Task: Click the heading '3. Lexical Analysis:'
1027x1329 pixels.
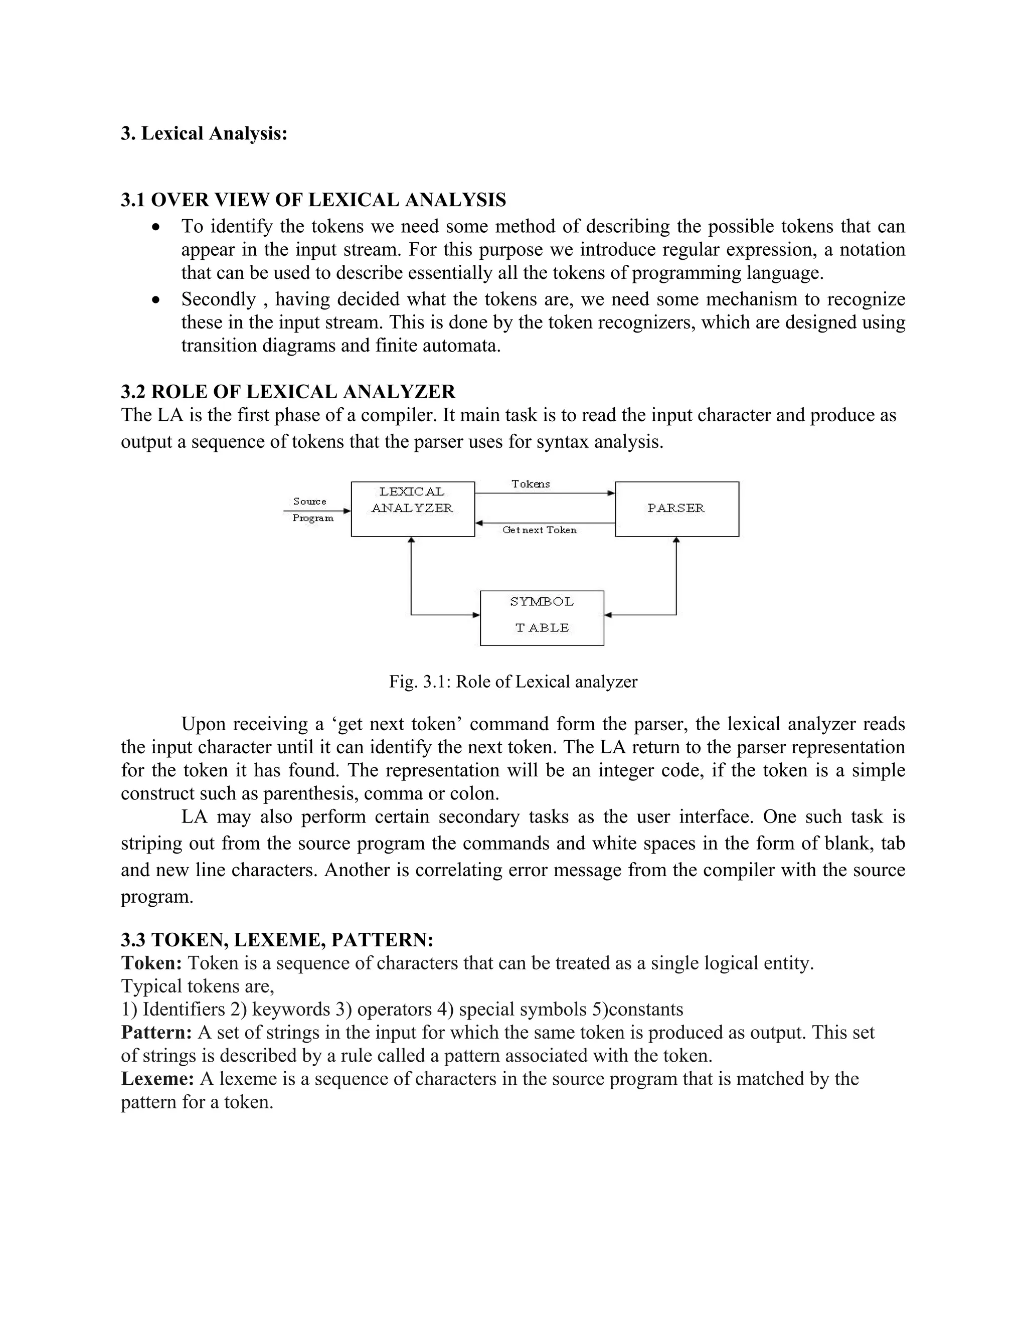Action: (x=204, y=133)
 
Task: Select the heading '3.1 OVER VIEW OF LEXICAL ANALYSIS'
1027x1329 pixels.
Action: (x=313, y=200)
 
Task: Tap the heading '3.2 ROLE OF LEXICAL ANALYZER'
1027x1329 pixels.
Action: (x=288, y=391)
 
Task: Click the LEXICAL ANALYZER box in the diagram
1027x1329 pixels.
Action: (x=413, y=509)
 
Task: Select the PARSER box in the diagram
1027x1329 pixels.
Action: (x=676, y=509)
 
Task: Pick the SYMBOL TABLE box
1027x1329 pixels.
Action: (x=542, y=618)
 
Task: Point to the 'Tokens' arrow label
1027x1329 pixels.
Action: (x=531, y=484)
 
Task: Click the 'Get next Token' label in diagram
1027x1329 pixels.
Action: (x=539, y=531)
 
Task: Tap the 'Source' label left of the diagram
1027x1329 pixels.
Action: (x=310, y=502)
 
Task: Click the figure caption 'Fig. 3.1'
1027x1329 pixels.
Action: (x=513, y=682)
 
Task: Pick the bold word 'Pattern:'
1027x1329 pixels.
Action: (x=157, y=1032)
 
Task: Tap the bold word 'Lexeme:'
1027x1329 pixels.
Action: (x=157, y=1078)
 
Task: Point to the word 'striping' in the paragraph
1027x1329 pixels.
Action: (x=149, y=844)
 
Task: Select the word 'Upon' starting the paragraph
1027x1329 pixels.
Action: (x=203, y=724)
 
